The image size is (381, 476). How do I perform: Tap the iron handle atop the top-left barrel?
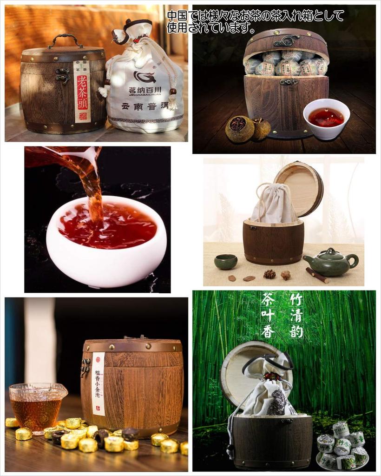[65, 40]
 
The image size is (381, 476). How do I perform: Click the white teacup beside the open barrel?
[326, 119]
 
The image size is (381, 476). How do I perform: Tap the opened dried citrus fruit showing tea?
[239, 128]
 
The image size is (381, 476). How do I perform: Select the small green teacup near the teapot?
[225, 262]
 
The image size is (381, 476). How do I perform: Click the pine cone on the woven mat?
[269, 274]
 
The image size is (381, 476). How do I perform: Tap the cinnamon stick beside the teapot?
[317, 275]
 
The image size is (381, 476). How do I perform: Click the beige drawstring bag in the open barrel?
[274, 203]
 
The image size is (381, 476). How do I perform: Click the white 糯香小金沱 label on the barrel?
[98, 383]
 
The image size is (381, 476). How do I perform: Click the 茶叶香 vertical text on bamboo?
[268, 315]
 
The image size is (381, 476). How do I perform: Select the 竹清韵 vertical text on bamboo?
[296, 315]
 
